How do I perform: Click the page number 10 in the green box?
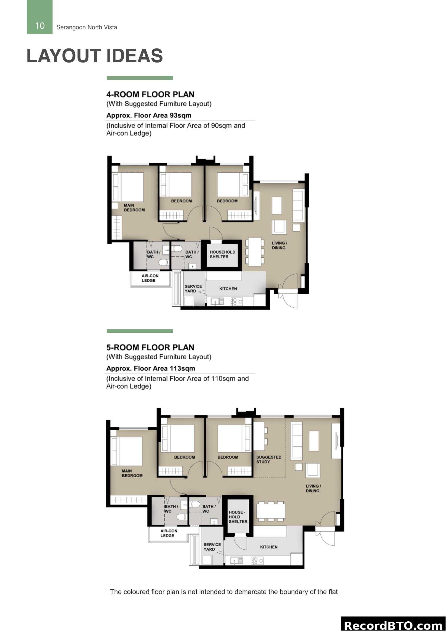(40, 26)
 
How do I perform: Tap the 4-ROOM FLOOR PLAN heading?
(150, 94)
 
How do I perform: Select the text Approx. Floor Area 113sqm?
(151, 368)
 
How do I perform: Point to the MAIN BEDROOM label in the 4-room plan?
(134, 208)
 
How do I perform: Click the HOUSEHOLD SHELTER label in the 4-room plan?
(222, 254)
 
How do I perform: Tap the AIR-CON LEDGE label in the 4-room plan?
(150, 278)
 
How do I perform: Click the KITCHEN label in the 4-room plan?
(228, 289)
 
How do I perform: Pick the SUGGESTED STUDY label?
(268, 459)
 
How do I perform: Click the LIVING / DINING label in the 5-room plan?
(313, 488)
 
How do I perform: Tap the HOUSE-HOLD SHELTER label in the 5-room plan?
(238, 517)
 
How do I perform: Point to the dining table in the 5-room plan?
(271, 511)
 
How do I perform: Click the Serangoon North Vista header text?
(87, 27)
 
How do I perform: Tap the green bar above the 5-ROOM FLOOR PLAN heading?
(140, 331)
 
